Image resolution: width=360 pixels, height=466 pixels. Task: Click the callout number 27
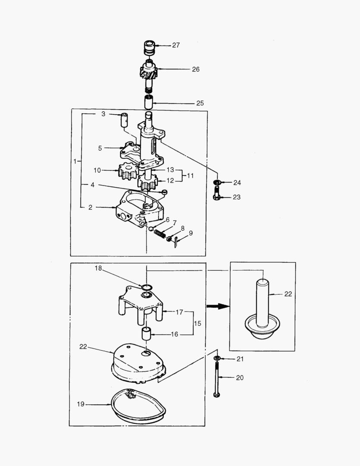[x=176, y=45]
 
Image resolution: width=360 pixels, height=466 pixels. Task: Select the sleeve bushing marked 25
[x=148, y=102]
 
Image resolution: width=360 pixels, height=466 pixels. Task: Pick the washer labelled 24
[x=217, y=182]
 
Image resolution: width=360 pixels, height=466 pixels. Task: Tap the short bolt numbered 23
[x=216, y=192]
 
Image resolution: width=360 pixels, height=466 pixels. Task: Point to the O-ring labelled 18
[x=147, y=287]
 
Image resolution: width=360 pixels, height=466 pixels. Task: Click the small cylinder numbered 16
[x=147, y=334]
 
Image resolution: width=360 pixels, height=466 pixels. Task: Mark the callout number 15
[x=197, y=323]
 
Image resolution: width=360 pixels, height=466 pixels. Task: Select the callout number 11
[x=190, y=176]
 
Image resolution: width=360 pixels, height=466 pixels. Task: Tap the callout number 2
[x=90, y=208]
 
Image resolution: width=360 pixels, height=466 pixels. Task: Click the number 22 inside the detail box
[x=288, y=294]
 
